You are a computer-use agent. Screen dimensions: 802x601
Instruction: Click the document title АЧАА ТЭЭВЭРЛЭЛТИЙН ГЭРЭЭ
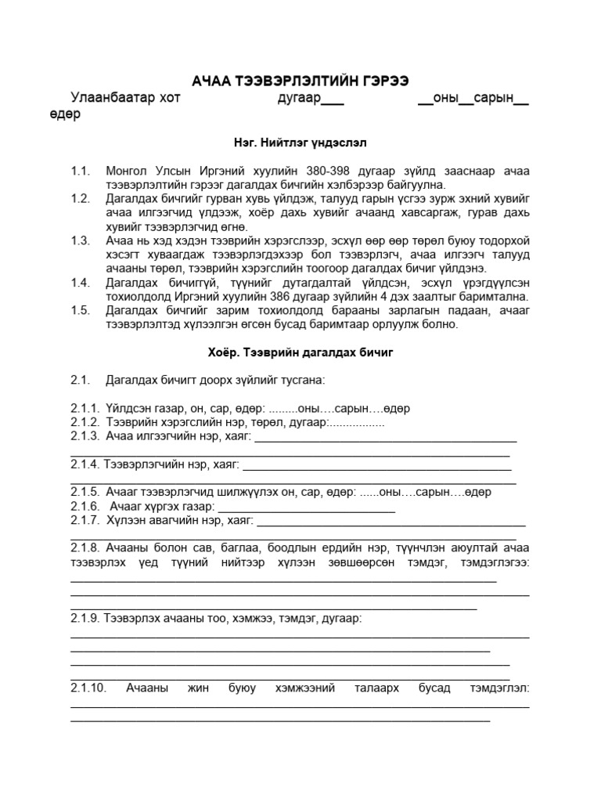[x=300, y=81]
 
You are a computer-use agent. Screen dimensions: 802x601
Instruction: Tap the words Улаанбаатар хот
[x=125, y=99]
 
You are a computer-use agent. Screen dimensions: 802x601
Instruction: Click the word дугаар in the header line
[x=300, y=99]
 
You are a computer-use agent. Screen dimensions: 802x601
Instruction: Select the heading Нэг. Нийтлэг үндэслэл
[x=300, y=143]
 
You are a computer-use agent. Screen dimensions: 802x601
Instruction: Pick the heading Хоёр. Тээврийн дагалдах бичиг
[x=300, y=352]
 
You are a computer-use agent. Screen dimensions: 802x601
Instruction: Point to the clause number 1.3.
[x=81, y=240]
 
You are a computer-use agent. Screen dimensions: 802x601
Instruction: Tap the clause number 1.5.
[x=81, y=309]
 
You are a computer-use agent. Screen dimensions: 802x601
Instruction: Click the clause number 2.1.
[x=81, y=380]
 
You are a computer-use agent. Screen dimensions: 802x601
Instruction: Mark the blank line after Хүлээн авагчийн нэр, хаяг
[x=391, y=522]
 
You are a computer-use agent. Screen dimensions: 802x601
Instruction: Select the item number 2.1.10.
[x=88, y=688]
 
